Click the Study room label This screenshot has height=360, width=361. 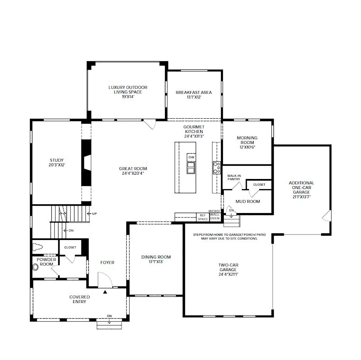[x=57, y=160]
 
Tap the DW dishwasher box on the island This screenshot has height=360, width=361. [x=191, y=157]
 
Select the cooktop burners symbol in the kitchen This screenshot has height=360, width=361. [x=217, y=168]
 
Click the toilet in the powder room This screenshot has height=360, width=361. [x=38, y=247]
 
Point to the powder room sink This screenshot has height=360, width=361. [x=35, y=267]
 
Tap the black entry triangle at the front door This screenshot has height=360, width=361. [x=105, y=292]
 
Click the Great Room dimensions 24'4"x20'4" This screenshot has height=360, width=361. [x=133, y=173]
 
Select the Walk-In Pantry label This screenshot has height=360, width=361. [x=234, y=177]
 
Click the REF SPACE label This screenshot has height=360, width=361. [x=203, y=217]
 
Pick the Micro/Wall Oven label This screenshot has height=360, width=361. [x=214, y=215]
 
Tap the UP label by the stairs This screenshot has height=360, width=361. [x=94, y=214]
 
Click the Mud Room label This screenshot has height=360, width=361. [x=248, y=201]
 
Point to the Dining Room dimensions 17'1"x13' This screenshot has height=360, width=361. [x=156, y=262]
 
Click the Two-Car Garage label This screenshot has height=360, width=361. [x=228, y=267]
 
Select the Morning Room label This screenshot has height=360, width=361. [x=247, y=140]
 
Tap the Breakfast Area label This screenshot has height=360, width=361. [x=194, y=92]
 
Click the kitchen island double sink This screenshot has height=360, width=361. [x=191, y=168]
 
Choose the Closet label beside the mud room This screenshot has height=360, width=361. [x=259, y=185]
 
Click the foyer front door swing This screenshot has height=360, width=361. [x=105, y=280]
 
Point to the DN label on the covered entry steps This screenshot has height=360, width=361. [x=109, y=316]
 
